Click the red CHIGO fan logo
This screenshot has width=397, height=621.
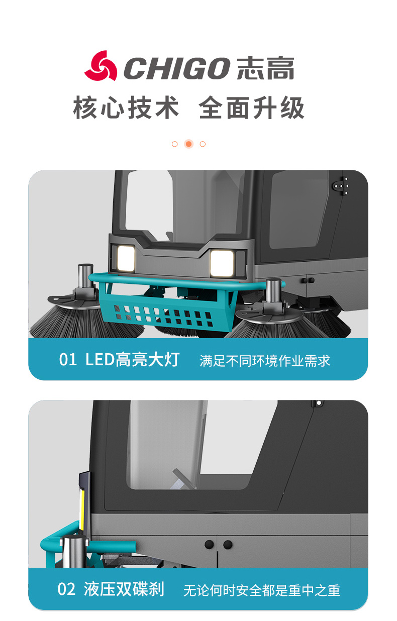pyautogui.click(x=101, y=66)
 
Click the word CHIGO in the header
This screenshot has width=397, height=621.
pyautogui.click(x=176, y=68)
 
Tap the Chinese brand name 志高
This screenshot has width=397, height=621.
pyautogui.click(x=265, y=68)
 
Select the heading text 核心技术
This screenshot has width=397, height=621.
pyautogui.click(x=126, y=108)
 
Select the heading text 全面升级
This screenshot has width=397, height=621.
pyautogui.click(x=251, y=108)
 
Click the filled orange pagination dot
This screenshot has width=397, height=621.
pyautogui.click(x=189, y=144)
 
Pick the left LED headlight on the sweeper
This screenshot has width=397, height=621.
pyautogui.click(x=126, y=258)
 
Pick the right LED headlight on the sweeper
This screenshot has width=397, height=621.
pyautogui.click(x=222, y=263)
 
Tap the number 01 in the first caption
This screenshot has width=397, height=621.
pyautogui.click(x=68, y=360)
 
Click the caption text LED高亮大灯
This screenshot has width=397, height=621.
pyautogui.click(x=133, y=360)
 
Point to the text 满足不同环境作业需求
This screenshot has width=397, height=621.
pyautogui.click(x=265, y=360)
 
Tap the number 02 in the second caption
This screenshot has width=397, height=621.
pyautogui.click(x=66, y=589)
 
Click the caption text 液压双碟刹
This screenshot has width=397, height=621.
pyautogui.click(x=124, y=589)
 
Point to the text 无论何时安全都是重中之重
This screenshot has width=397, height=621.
pyautogui.click(x=261, y=590)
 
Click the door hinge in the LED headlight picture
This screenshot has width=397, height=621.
pyautogui.click(x=340, y=186)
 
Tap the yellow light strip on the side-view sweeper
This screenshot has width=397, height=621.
pyautogui.click(x=82, y=509)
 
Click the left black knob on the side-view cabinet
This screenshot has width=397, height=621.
pyautogui.click(x=210, y=544)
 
